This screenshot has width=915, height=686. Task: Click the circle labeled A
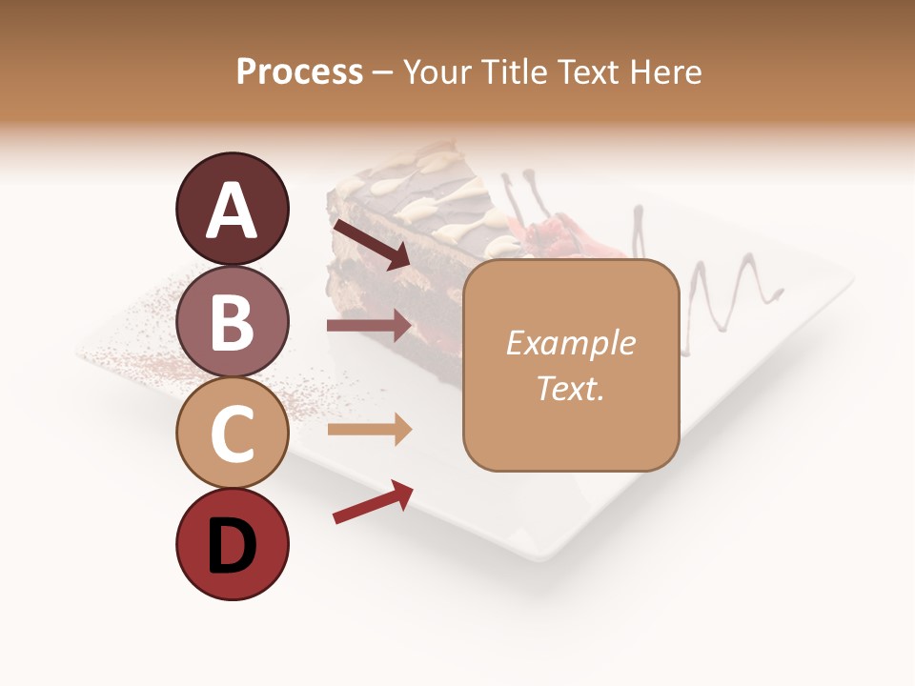(232, 209)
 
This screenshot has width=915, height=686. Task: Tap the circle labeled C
(232, 433)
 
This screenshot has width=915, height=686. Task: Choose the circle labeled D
(232, 544)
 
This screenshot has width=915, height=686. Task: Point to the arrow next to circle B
(369, 326)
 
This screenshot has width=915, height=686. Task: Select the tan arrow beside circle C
(369, 430)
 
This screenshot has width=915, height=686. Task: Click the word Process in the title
(299, 71)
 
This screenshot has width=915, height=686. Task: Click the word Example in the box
(571, 343)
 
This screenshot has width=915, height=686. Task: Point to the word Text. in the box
(571, 388)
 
